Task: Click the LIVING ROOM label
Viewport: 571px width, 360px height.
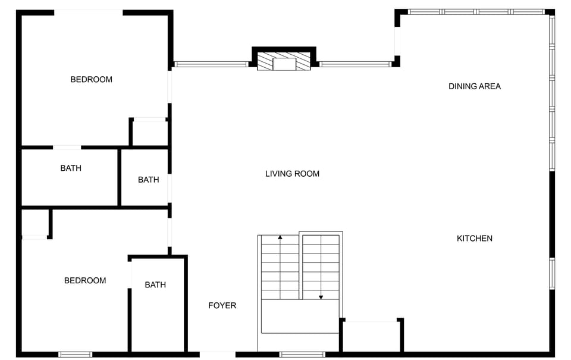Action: (x=292, y=174)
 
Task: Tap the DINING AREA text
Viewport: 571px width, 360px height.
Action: (x=474, y=86)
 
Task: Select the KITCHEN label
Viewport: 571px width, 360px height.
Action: (x=474, y=239)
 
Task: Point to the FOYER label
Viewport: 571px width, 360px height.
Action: (x=222, y=306)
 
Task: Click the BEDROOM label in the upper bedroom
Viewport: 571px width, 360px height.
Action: (x=91, y=80)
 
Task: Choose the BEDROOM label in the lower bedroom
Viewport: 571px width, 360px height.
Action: (x=85, y=281)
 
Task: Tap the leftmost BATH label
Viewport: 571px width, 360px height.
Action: (x=71, y=168)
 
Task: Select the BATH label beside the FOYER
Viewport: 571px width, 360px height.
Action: (x=155, y=285)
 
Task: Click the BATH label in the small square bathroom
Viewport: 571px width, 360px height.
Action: (x=148, y=180)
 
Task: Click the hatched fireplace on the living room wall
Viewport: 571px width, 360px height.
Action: (x=284, y=62)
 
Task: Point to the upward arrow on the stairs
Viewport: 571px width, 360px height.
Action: (x=280, y=238)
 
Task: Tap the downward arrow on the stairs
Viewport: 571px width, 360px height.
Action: (x=321, y=296)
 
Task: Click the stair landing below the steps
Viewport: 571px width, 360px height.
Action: (x=299, y=317)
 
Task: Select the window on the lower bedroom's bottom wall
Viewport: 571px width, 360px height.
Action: (x=75, y=355)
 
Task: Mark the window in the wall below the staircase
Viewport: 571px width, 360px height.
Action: (x=302, y=355)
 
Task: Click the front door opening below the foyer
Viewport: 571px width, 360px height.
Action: (x=217, y=355)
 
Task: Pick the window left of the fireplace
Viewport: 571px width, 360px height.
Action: (x=211, y=64)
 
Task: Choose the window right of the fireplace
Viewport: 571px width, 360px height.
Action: (x=355, y=64)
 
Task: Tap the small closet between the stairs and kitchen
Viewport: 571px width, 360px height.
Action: (x=372, y=337)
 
